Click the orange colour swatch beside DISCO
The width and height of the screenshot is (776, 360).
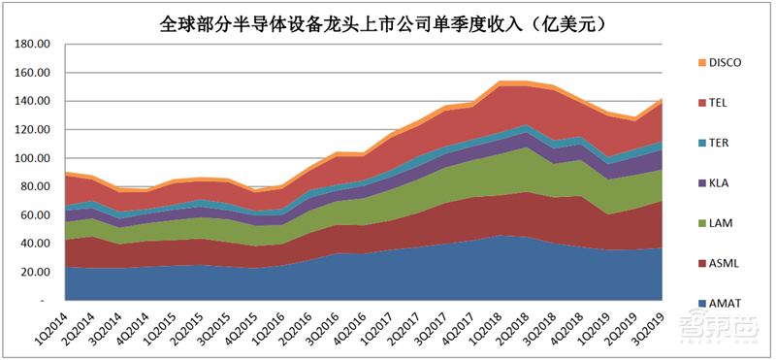coord(687,63)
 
